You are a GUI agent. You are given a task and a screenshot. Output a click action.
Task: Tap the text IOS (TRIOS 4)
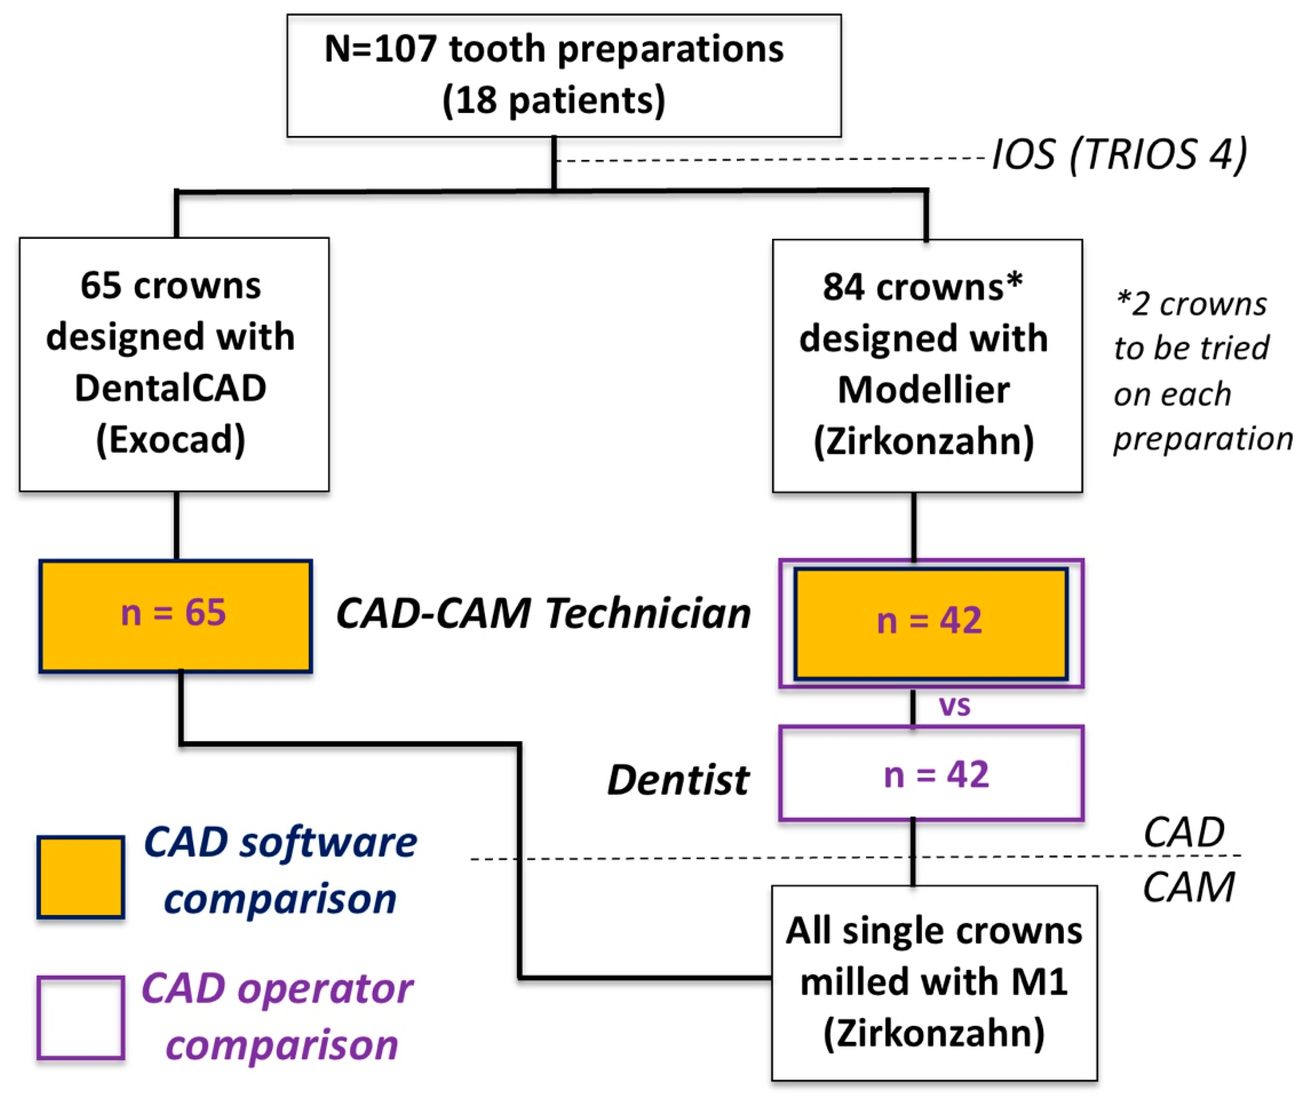(x=1119, y=154)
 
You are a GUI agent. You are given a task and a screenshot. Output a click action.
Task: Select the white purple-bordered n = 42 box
(x=931, y=773)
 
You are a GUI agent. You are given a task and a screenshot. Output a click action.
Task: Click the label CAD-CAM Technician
(x=543, y=613)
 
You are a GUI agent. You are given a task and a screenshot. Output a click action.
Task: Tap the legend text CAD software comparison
(x=280, y=870)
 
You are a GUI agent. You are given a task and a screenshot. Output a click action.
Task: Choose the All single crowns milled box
(x=934, y=982)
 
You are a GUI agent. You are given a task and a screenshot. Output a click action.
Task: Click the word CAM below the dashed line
(x=1188, y=887)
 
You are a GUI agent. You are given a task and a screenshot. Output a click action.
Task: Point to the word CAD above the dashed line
(x=1184, y=832)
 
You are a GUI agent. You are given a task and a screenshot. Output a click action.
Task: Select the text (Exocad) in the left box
(x=170, y=440)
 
